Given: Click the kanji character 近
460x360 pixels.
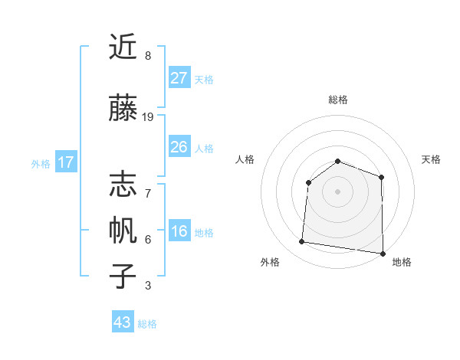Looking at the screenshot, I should pyautogui.click(x=123, y=47).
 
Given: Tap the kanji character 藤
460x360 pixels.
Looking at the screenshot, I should pyautogui.click(x=123, y=109).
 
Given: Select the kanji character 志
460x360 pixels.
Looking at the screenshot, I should pyautogui.click(x=123, y=184).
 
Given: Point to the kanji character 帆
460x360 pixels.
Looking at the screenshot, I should pyautogui.click(x=123, y=230).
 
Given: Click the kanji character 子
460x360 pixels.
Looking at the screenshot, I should pyautogui.click(x=123, y=276).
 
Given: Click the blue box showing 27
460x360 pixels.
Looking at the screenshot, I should pyautogui.click(x=179, y=78).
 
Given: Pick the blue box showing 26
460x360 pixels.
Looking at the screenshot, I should pyautogui.click(x=179, y=147).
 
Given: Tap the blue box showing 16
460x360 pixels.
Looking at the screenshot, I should pyautogui.click(x=179, y=232).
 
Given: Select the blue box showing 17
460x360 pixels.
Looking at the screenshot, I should pyautogui.click(x=66, y=162).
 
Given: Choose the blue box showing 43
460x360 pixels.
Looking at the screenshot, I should pyautogui.click(x=123, y=322).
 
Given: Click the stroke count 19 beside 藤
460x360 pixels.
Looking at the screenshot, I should pyautogui.click(x=148, y=116).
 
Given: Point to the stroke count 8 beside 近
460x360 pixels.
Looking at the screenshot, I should pyautogui.click(x=148, y=56).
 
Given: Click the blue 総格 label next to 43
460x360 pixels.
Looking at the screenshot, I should pyautogui.click(x=147, y=324).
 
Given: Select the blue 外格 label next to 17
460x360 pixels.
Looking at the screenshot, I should pyautogui.click(x=41, y=163).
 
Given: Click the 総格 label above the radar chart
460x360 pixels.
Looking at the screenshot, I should pyautogui.click(x=338, y=100).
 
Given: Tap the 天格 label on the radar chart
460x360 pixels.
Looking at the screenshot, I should pyautogui.click(x=431, y=159).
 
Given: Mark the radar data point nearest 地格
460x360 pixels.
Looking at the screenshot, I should pyautogui.click(x=383, y=254).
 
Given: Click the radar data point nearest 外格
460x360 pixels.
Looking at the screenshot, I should pyautogui.click(x=302, y=242).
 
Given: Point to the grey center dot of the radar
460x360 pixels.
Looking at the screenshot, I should pyautogui.click(x=338, y=191).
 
